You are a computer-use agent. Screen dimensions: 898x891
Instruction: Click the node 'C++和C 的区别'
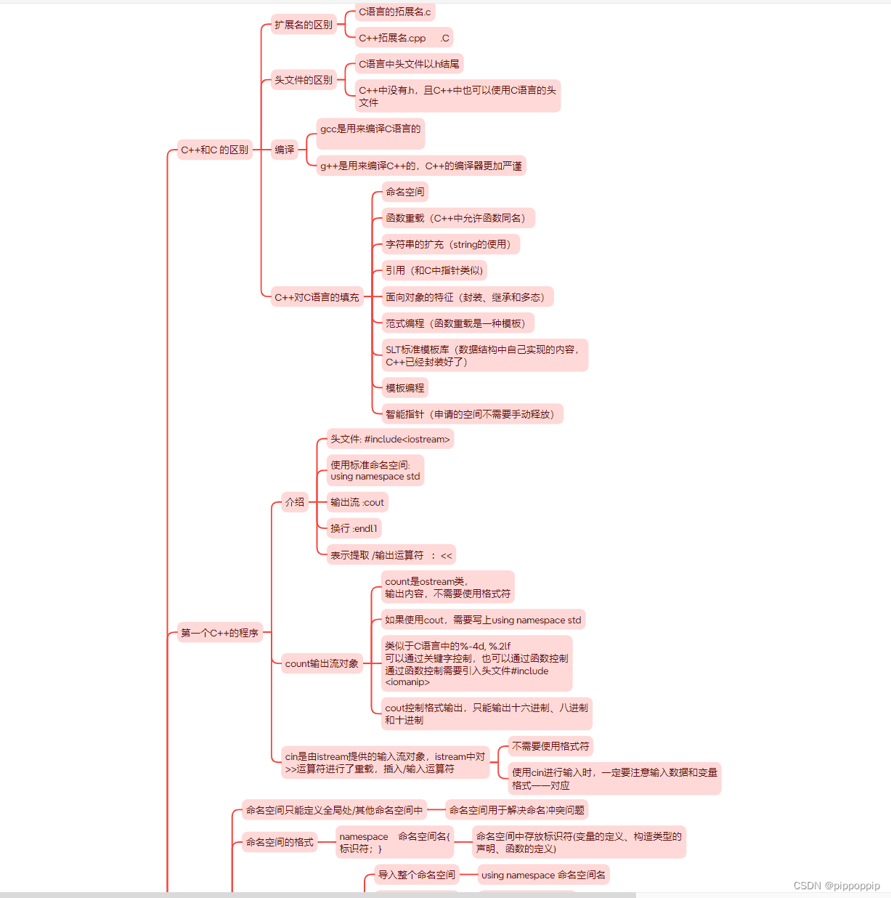click(214, 150)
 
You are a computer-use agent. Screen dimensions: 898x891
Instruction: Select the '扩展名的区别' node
click(304, 25)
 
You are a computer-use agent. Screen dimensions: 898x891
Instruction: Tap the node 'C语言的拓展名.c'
click(394, 12)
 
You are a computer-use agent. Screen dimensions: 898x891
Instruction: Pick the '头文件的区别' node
click(304, 80)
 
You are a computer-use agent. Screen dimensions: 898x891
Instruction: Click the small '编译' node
click(285, 150)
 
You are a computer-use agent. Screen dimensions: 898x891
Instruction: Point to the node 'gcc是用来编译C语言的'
click(370, 129)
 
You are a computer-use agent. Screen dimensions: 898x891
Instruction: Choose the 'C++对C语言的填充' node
click(317, 296)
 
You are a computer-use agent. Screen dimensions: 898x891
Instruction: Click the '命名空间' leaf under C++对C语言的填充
click(405, 192)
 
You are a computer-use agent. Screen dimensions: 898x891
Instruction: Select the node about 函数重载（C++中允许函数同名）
click(457, 218)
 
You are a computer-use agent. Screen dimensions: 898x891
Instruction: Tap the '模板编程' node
click(405, 388)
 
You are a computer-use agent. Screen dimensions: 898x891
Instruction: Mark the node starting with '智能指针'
click(472, 414)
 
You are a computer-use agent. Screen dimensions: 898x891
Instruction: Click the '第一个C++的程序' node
click(219, 633)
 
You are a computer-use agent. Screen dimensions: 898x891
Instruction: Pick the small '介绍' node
click(295, 502)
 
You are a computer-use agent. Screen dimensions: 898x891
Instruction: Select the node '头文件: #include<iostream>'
click(390, 439)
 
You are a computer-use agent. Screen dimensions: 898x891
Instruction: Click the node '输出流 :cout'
click(357, 502)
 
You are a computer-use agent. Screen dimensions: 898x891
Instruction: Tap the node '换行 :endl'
click(354, 528)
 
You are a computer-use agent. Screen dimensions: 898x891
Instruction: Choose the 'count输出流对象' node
click(322, 663)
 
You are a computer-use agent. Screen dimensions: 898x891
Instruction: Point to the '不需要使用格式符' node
click(550, 746)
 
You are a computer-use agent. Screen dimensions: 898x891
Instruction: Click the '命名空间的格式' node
click(280, 842)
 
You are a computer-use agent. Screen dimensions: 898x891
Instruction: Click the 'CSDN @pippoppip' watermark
click(837, 886)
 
